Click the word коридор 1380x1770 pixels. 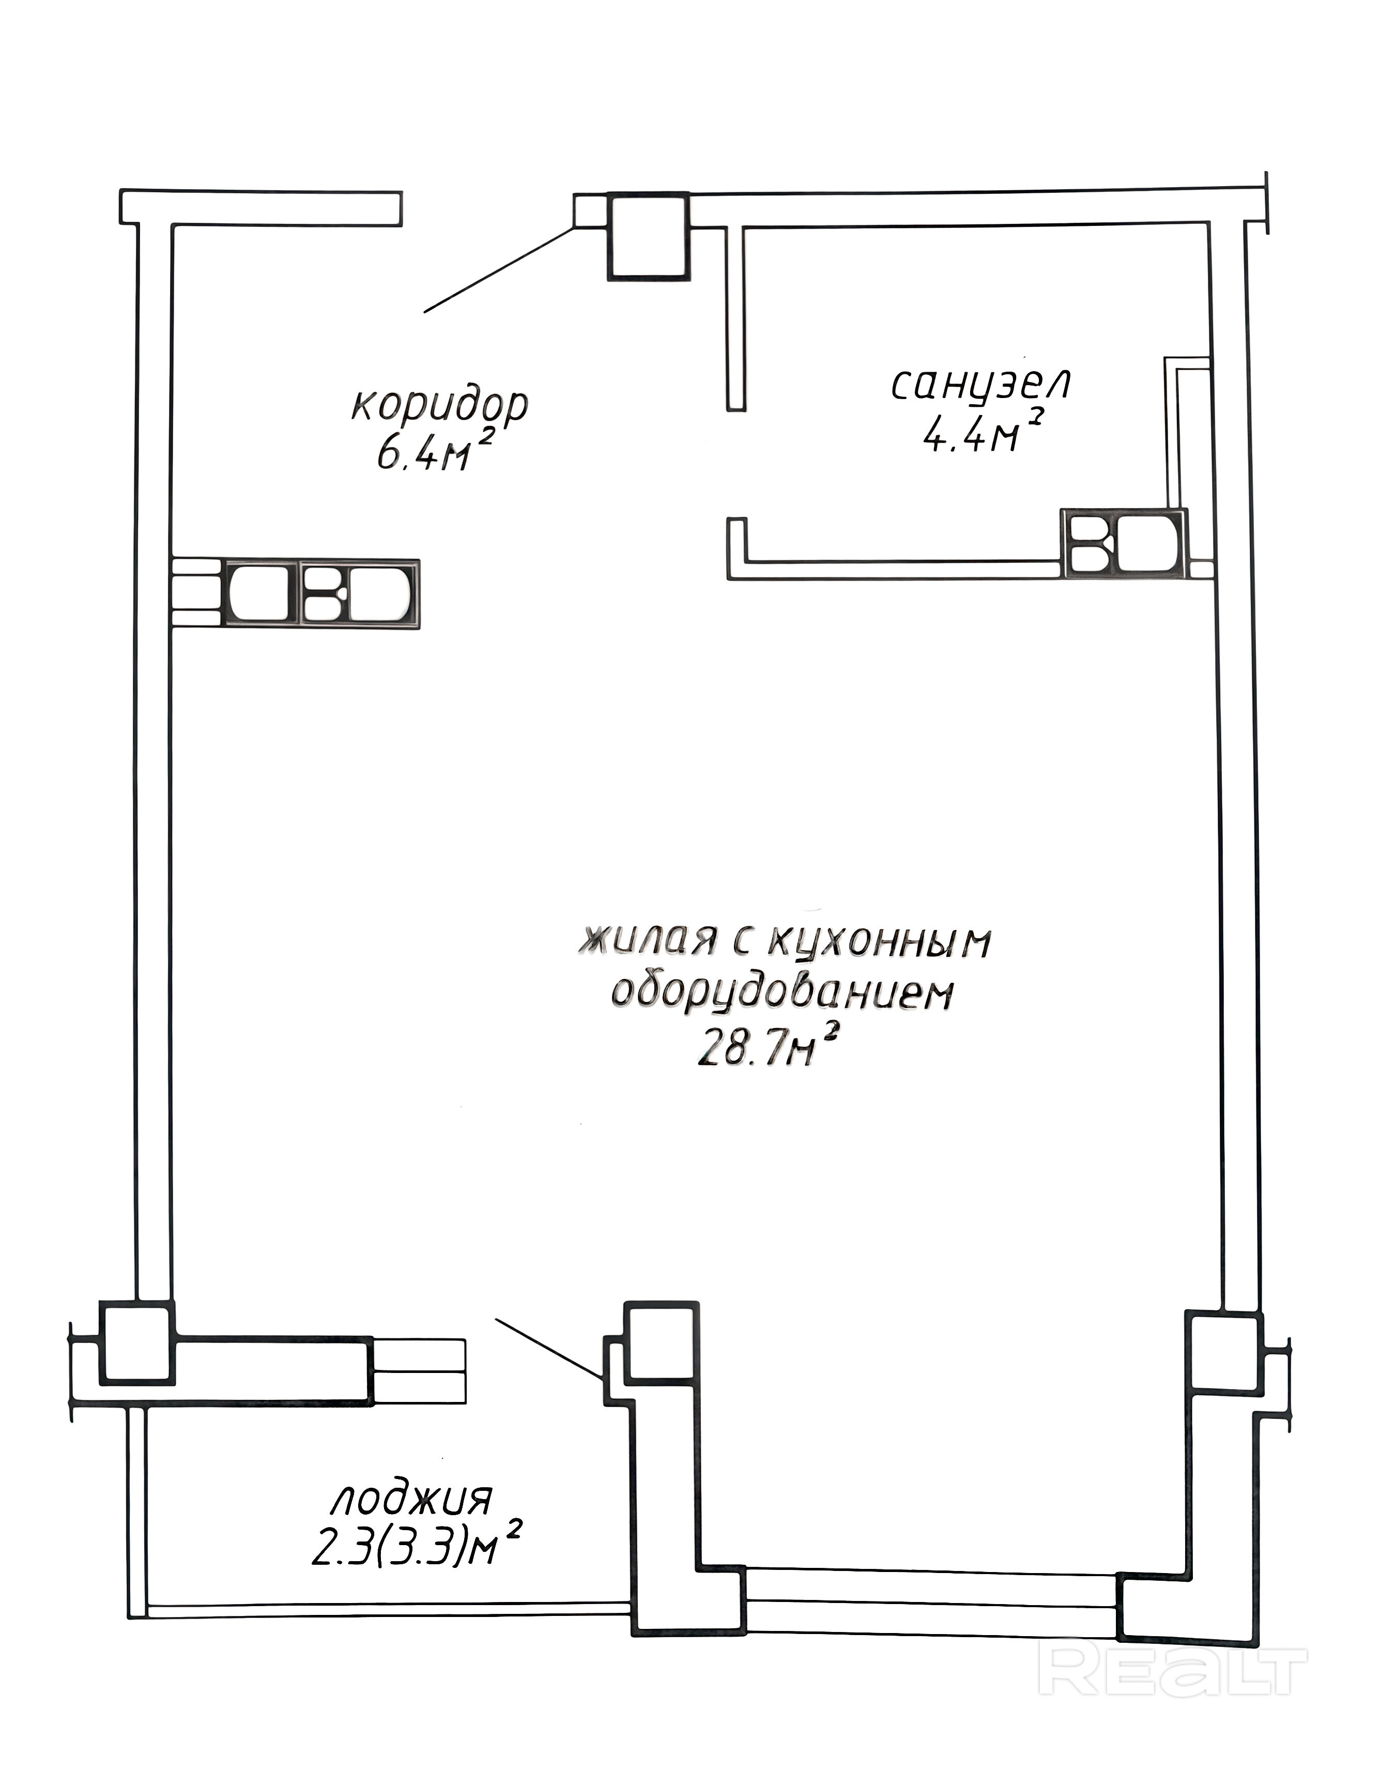point(439,406)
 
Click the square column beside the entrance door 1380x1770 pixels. point(648,237)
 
